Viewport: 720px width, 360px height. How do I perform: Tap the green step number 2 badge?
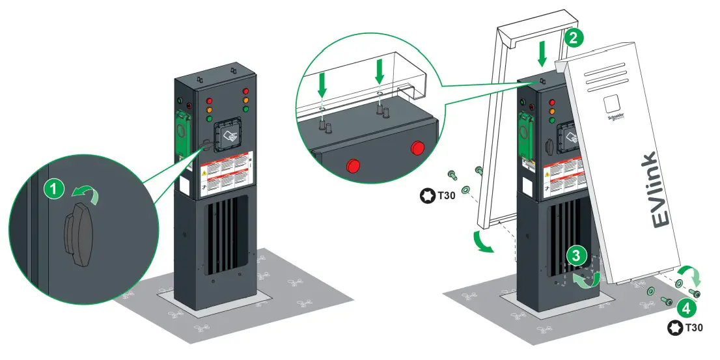(572, 38)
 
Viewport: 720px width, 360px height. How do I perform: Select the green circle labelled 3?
(574, 256)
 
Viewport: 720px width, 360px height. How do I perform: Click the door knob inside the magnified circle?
(79, 234)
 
